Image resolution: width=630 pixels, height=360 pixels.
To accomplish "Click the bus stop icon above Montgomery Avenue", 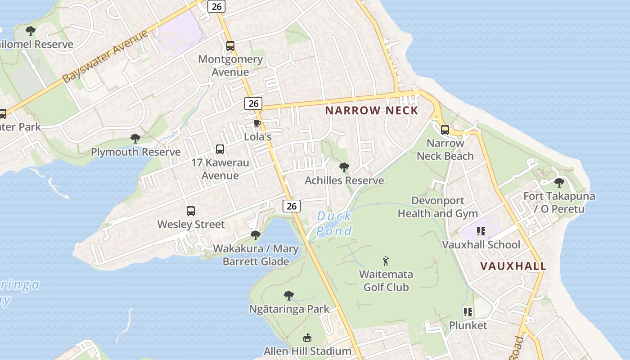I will tap(230, 45).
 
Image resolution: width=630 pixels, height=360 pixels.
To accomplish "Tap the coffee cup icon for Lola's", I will tap(257, 123).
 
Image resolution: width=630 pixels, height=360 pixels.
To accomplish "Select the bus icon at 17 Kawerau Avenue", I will tap(220, 149).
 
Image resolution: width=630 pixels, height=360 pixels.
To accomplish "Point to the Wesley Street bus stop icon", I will tap(191, 211).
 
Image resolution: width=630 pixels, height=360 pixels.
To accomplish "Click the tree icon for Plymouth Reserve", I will tap(135, 139).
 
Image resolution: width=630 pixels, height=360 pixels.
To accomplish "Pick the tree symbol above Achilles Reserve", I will tap(344, 167).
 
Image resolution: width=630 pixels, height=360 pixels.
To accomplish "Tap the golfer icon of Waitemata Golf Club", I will tap(386, 261).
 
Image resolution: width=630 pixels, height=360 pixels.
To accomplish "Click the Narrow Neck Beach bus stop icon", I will tap(445, 130).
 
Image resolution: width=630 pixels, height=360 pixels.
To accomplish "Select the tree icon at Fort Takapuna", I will tap(559, 183).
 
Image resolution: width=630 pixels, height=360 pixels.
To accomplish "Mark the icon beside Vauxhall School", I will tap(481, 231).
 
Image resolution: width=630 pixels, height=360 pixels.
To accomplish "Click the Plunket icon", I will tap(468, 312).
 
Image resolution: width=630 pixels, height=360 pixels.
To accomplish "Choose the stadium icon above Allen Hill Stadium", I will tap(307, 337).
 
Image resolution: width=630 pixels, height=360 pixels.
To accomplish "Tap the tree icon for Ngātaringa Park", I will tap(289, 296).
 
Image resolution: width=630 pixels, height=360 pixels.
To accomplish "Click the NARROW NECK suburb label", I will tap(372, 110).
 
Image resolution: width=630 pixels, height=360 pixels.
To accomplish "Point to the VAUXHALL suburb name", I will tap(513, 266).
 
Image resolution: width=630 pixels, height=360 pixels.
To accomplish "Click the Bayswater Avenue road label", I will tap(105, 57).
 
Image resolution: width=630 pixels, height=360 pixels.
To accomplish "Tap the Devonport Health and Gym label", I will tap(438, 207).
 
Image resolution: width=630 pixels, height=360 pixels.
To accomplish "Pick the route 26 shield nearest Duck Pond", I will tap(292, 206).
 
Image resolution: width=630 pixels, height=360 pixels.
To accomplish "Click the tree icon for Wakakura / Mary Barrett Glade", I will tap(256, 235).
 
